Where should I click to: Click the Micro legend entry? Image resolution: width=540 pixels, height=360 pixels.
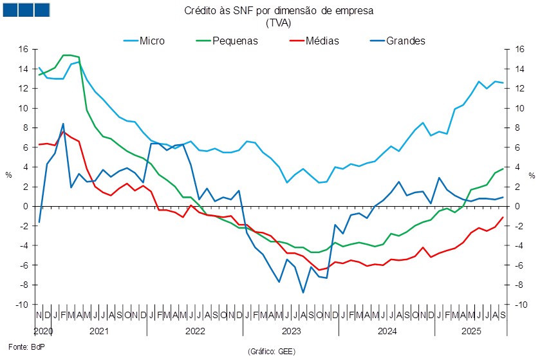[151, 41]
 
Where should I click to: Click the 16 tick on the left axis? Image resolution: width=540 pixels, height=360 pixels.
[24, 49]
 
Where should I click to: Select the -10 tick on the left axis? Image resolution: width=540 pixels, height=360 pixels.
[23, 305]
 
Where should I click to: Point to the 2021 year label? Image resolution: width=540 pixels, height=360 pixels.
[98, 330]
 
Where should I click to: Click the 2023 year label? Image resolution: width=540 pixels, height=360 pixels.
[291, 330]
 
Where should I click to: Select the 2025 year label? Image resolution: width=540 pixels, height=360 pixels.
[471, 330]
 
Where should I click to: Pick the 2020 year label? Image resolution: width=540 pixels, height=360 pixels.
[43, 330]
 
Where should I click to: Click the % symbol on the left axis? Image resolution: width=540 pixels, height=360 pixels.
[8, 175]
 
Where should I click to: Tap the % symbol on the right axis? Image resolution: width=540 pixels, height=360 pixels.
[532, 175]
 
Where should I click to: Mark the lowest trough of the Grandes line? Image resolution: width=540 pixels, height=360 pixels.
[303, 292]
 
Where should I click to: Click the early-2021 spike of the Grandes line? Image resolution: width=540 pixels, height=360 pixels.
[63, 124]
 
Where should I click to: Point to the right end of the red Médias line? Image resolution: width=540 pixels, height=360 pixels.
[503, 217]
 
